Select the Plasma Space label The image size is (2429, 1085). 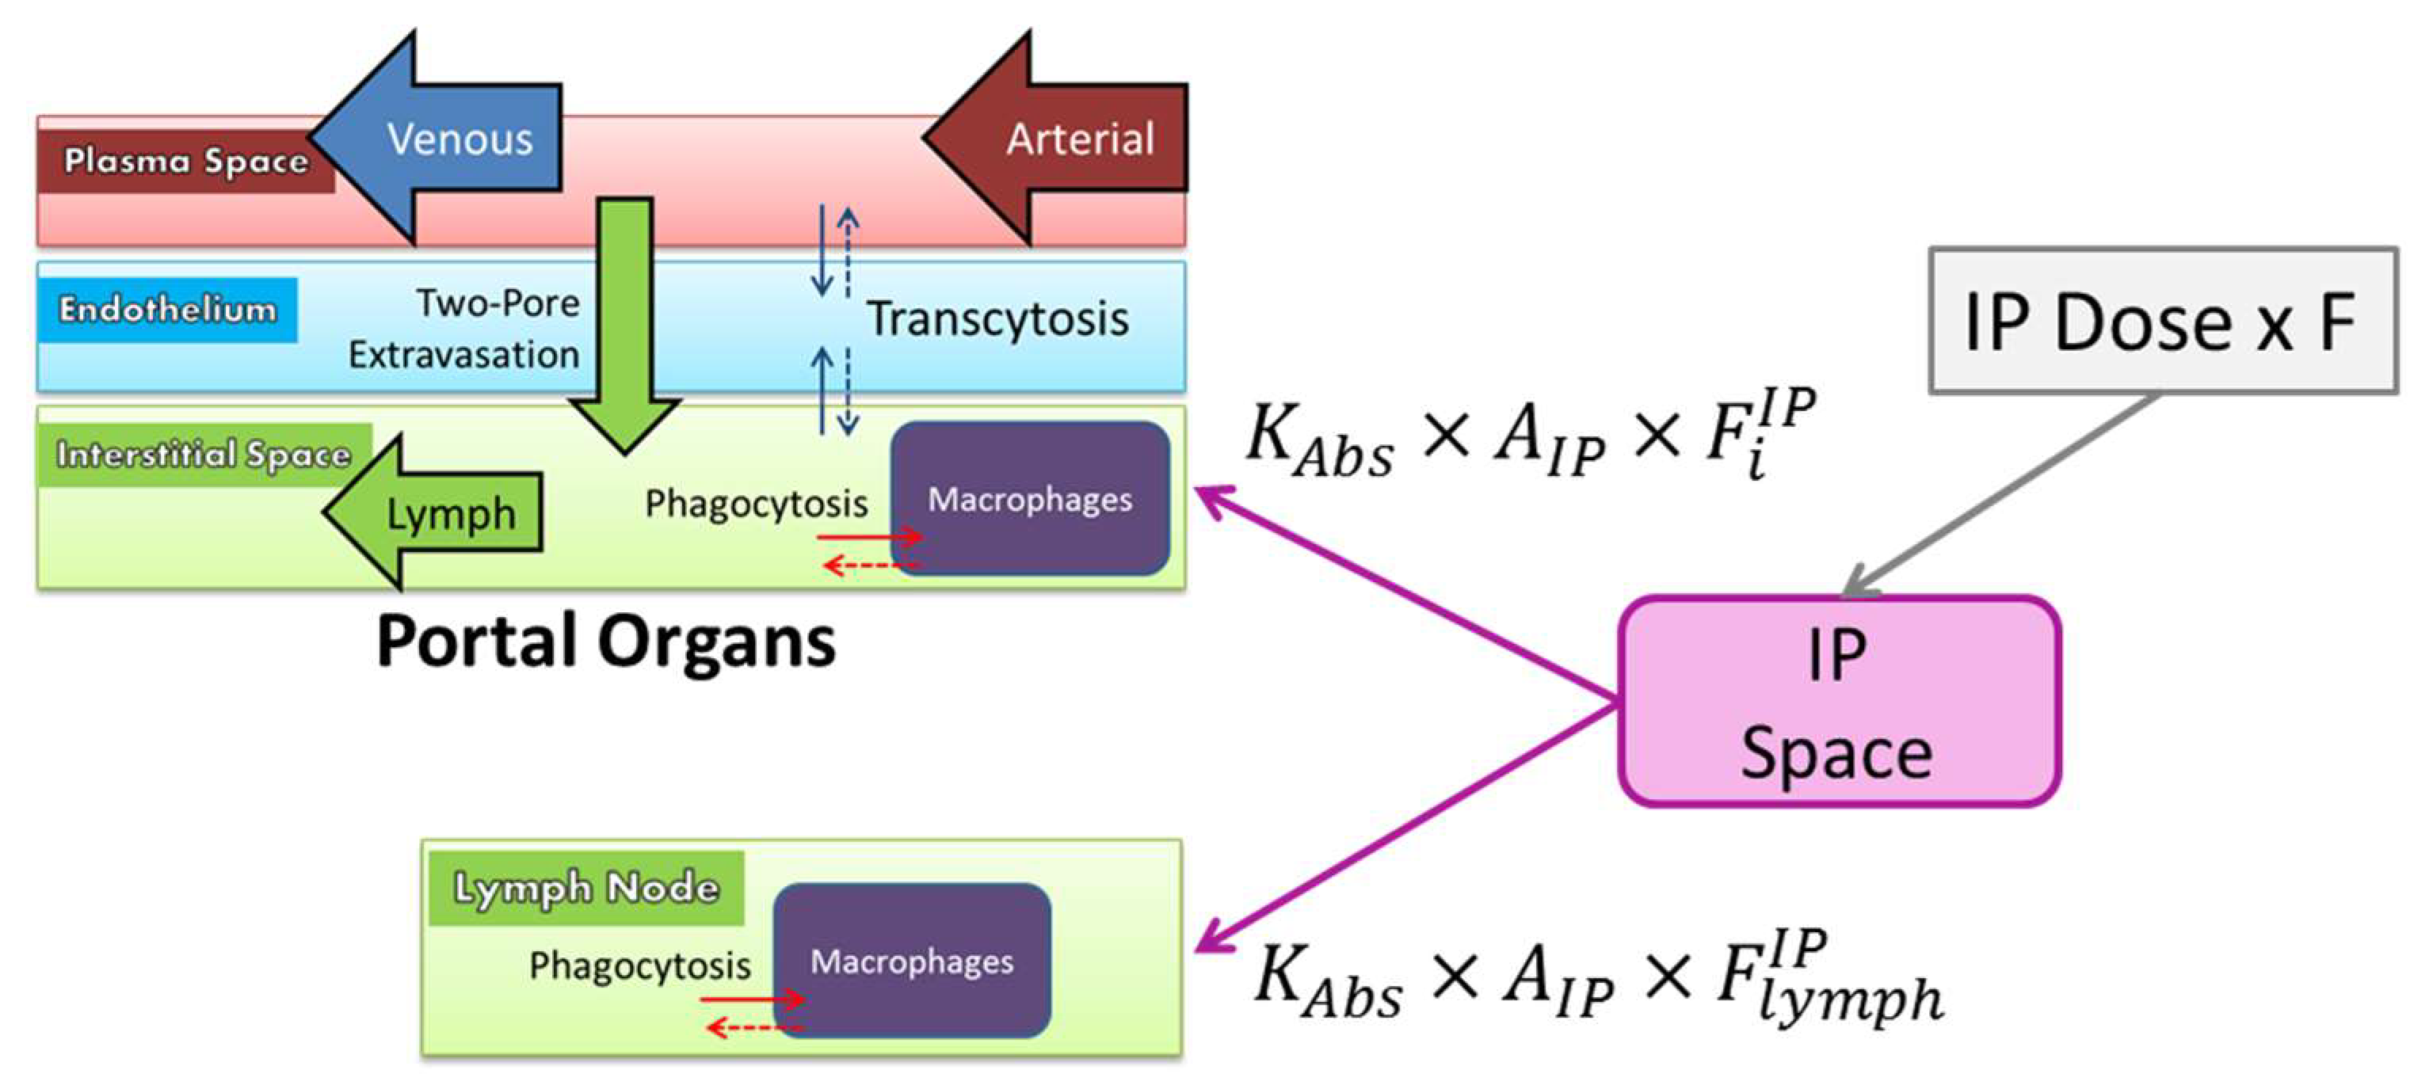[x=185, y=162]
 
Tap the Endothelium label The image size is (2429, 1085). [x=167, y=309]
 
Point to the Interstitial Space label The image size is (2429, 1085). [x=204, y=455]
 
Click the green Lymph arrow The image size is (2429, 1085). [x=443, y=514]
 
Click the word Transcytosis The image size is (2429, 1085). [x=997, y=318]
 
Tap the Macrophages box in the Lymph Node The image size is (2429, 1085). [x=911, y=961]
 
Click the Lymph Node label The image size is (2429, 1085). [x=585, y=888]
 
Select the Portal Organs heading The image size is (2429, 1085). [x=605, y=641]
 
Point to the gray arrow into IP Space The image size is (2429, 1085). [x=1999, y=495]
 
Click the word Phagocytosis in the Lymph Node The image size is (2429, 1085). [x=639, y=965]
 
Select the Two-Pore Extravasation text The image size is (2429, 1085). [x=465, y=329]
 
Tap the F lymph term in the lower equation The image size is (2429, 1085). [x=1829, y=980]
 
